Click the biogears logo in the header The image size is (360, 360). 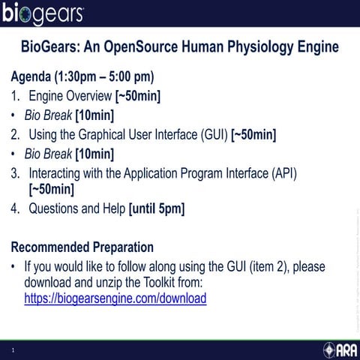pyautogui.click(x=43, y=14)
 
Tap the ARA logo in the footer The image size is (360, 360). pyautogui.click(x=340, y=349)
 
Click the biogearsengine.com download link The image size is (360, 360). pyautogui.click(x=115, y=298)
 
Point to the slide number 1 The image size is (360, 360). pyautogui.click(x=13, y=350)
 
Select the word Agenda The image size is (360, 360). pyautogui.click(x=31, y=77)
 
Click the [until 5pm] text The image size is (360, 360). pyautogui.click(x=157, y=208)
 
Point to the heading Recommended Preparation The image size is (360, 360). pyautogui.click(x=82, y=247)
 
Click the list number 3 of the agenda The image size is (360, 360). pyautogui.click(x=15, y=173)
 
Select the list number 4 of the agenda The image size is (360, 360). pyautogui.click(x=15, y=208)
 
